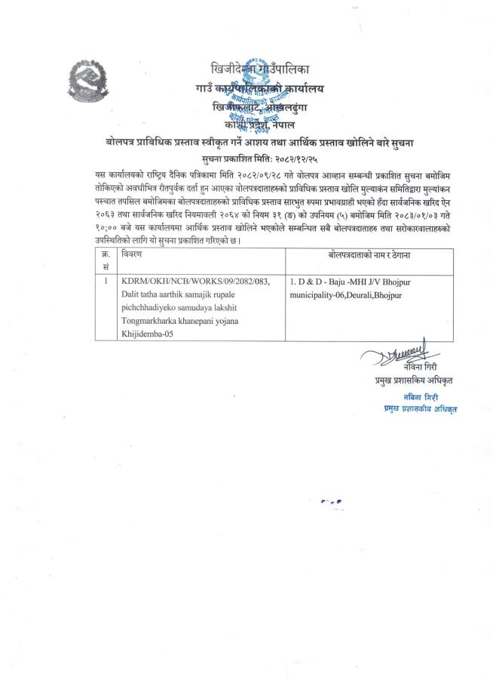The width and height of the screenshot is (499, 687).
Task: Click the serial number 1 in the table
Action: (106, 281)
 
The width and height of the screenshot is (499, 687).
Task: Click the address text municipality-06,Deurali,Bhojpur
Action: (346, 294)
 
